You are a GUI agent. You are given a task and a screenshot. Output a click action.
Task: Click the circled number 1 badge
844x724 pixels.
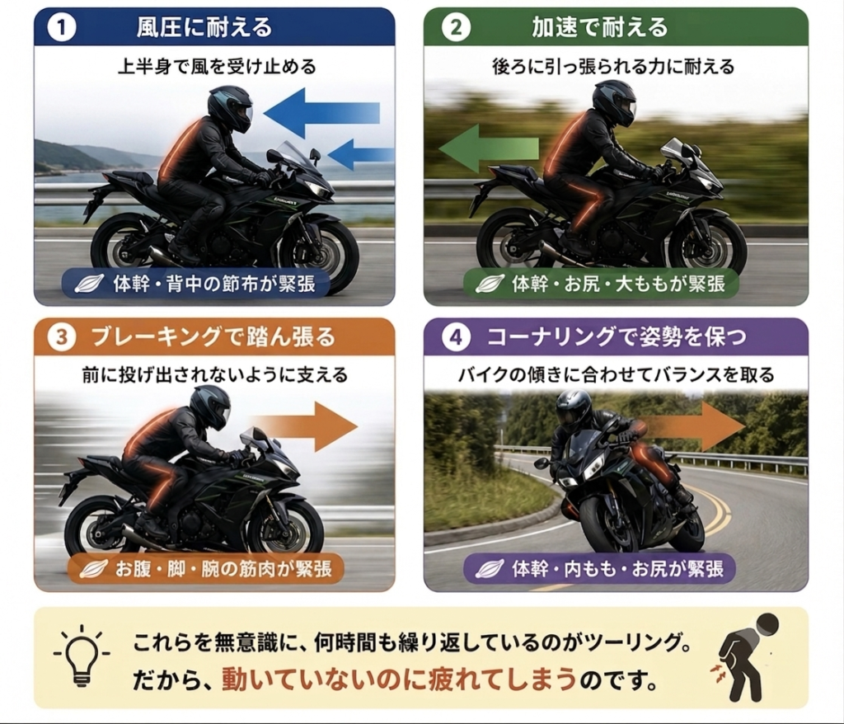tap(61, 27)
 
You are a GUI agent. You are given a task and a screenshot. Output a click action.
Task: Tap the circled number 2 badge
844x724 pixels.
tap(456, 27)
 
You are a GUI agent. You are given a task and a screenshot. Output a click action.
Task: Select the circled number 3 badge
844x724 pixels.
tap(61, 337)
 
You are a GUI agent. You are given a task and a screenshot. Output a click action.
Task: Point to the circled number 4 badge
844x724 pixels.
tap(456, 337)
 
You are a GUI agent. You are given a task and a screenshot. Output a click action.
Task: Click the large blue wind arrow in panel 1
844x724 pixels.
tap(321, 113)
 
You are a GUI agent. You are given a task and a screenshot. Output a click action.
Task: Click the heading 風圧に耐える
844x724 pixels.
tap(204, 27)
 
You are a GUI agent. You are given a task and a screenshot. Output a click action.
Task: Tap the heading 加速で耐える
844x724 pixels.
tap(600, 27)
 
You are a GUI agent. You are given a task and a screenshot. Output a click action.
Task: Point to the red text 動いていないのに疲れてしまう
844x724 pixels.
tap(399, 679)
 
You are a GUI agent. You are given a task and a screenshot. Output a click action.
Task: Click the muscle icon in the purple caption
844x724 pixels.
tap(490, 568)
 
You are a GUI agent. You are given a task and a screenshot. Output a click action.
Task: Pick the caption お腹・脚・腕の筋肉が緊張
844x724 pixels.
tap(224, 569)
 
